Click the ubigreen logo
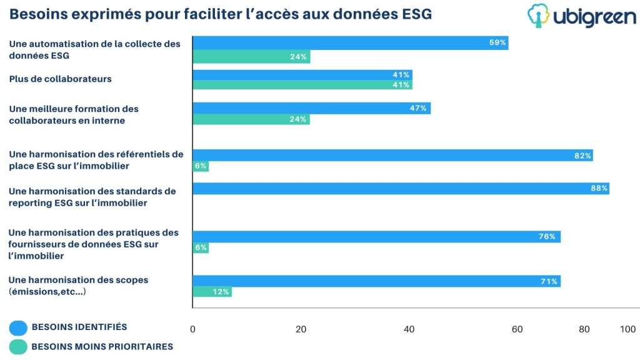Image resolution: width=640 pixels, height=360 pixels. point(582,16)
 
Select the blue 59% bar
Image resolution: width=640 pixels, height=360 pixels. point(351,43)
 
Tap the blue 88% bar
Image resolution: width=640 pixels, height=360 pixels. point(401,189)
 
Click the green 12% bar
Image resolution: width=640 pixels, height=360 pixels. point(212,292)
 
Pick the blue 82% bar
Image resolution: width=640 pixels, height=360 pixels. point(392,155)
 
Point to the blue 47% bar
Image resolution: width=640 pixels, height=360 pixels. point(311,108)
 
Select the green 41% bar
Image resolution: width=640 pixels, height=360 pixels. point(302,85)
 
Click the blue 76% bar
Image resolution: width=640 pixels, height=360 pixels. point(377,237)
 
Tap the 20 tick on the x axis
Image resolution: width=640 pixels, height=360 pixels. point(301,329)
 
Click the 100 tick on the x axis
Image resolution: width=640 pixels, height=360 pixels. point(627,329)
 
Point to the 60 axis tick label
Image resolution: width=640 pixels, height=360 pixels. point(517,329)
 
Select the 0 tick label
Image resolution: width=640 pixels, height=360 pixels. point(192,329)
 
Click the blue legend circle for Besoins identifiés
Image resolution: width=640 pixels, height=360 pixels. point(18,327)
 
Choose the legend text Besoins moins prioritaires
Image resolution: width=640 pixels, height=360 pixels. point(102,346)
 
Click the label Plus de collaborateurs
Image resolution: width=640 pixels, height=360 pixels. point(61,79)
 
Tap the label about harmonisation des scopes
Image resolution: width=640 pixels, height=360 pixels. point(78,286)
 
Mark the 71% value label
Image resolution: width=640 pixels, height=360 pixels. point(549,281)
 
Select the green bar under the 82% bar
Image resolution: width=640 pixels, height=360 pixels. point(201,166)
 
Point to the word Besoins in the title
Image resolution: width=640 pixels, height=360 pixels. point(38,14)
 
